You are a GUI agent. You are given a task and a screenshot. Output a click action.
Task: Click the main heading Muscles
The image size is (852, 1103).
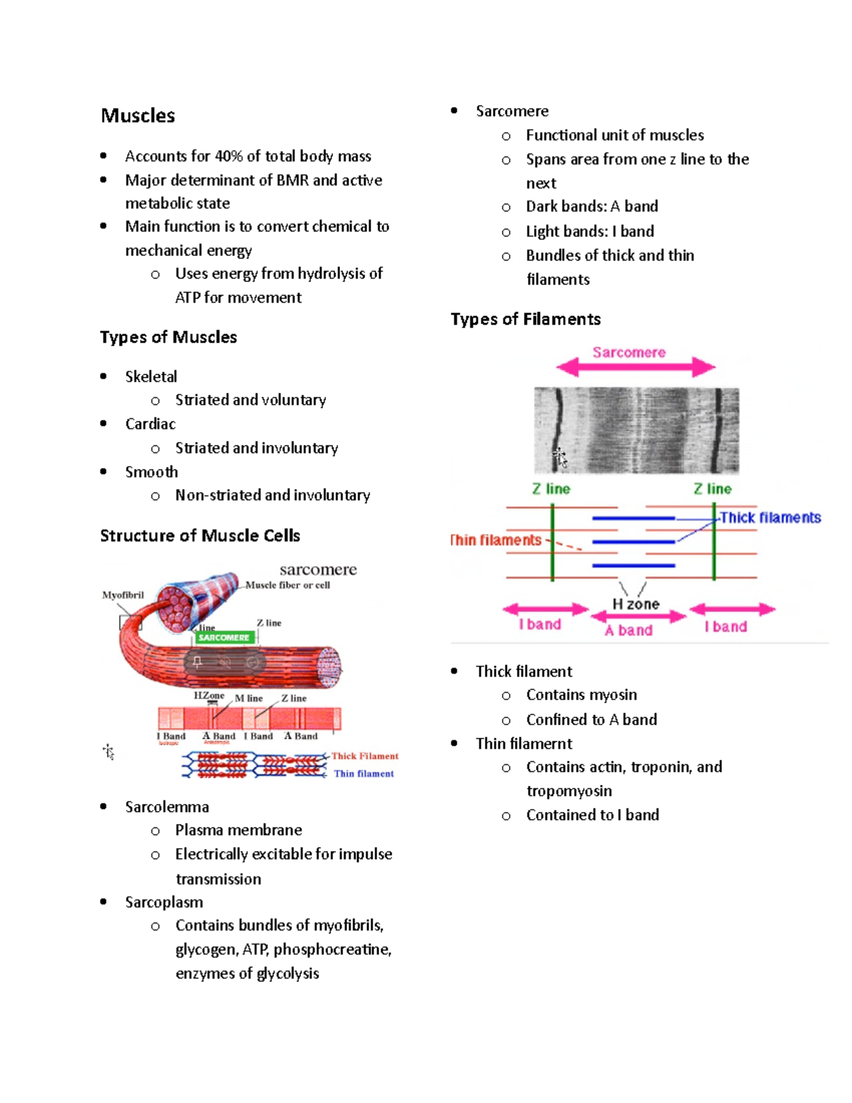pyautogui.click(x=138, y=116)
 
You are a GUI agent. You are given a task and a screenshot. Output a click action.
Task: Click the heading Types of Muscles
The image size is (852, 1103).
pyautogui.click(x=168, y=337)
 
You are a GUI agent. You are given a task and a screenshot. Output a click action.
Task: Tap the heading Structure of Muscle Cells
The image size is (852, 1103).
pyautogui.click(x=200, y=536)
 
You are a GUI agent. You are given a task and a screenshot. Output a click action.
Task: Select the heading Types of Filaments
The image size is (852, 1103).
pyautogui.click(x=525, y=320)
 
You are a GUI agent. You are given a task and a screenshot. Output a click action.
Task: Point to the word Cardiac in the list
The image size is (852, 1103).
pyautogui.click(x=150, y=424)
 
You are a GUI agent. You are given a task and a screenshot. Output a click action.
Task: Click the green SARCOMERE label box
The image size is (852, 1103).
pyautogui.click(x=224, y=638)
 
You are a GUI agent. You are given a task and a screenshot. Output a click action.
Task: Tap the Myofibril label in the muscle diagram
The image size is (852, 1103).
pyautogui.click(x=123, y=595)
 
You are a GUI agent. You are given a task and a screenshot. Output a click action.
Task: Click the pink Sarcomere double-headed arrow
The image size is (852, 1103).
pyautogui.click(x=635, y=367)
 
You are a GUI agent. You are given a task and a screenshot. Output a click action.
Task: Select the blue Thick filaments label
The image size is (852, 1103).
pyautogui.click(x=770, y=518)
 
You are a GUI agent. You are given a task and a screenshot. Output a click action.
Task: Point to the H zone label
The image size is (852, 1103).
pyautogui.click(x=636, y=604)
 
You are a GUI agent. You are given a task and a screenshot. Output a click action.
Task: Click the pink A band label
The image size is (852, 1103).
pyautogui.click(x=629, y=631)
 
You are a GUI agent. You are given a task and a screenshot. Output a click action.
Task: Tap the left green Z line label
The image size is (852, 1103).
pyautogui.click(x=551, y=489)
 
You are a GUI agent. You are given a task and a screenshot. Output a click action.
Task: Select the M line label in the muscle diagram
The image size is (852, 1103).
pyautogui.click(x=248, y=699)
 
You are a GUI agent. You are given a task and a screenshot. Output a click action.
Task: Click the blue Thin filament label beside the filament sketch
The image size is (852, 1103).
pyautogui.click(x=364, y=774)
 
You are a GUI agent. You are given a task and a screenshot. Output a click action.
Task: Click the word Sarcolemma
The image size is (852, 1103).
pyautogui.click(x=167, y=807)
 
